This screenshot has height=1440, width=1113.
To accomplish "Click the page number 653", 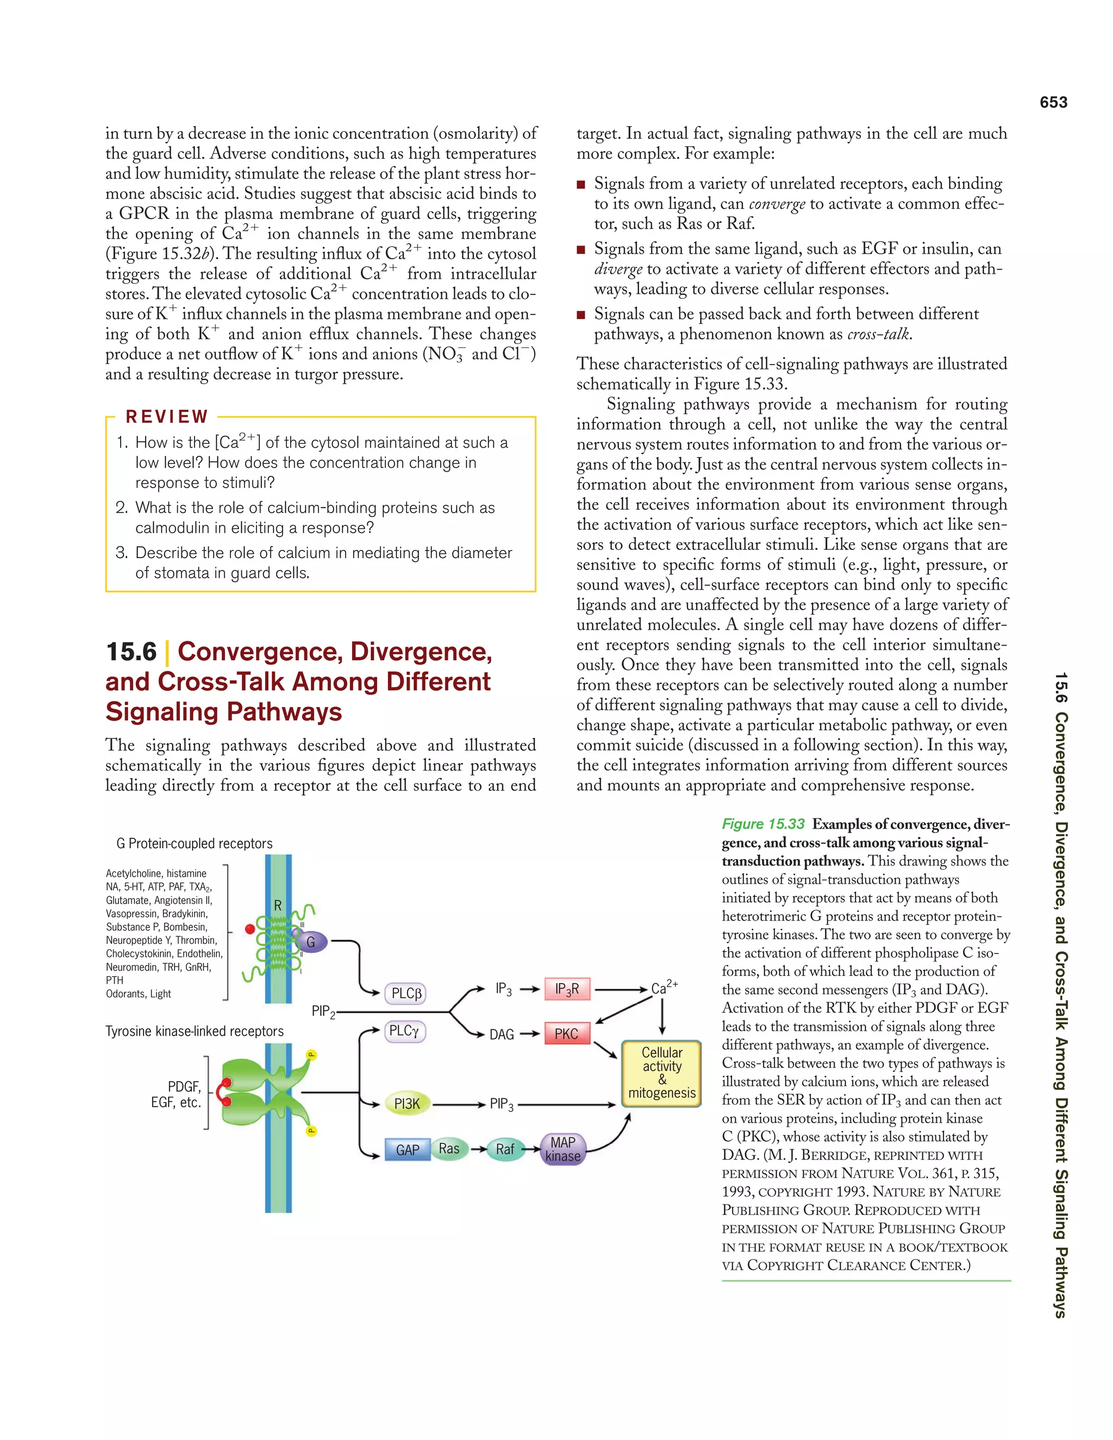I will (1053, 102).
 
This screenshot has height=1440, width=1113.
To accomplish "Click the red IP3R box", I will (566, 989).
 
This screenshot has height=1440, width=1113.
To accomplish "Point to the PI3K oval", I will (407, 1104).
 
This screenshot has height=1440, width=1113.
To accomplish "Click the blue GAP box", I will (408, 1150).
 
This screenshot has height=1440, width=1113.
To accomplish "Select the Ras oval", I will (449, 1149).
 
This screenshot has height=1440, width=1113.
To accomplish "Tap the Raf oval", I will (505, 1149).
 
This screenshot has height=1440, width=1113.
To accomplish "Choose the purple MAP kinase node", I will (562, 1149).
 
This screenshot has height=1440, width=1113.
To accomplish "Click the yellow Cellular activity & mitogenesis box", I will (661, 1073).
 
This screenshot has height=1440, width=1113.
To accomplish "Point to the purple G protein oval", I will (310, 942).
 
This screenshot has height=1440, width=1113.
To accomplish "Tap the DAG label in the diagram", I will (501, 1035).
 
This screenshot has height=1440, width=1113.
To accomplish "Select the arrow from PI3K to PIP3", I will (458, 1104).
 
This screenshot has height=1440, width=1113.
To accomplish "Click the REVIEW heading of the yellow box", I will (167, 417).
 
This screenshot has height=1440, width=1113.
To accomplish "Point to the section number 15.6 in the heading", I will (131, 652).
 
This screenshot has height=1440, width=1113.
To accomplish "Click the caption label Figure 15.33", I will (763, 824).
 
